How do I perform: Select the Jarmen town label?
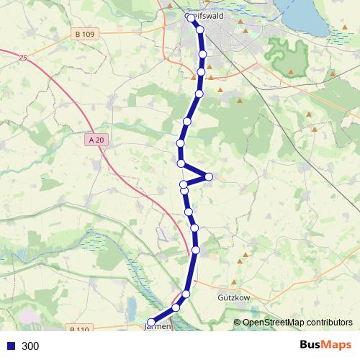tap(158, 326)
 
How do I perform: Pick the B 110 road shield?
tap(79, 330)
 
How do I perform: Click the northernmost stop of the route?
tap(192, 19)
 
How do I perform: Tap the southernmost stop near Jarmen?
tap(151, 322)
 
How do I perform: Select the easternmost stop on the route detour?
tap(209, 176)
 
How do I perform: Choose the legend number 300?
tap(30, 346)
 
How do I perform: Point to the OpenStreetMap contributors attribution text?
tap(297, 323)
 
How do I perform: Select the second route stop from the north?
tap(199, 30)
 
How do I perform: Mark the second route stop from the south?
tap(176, 307)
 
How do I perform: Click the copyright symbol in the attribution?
tap(238, 323)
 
